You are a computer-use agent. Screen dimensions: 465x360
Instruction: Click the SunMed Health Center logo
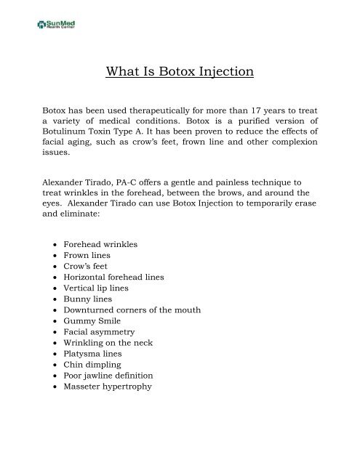(x=59, y=25)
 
